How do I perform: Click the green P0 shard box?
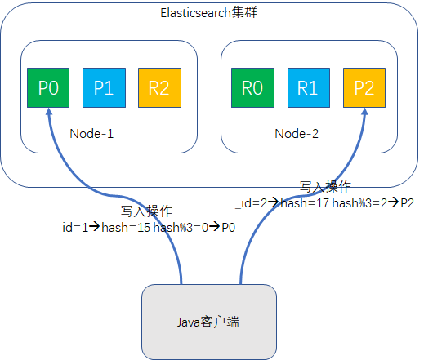pos(48,88)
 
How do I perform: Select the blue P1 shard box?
pos(103,88)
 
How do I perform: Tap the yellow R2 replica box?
pos(158,88)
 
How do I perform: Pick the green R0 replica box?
pos(252,88)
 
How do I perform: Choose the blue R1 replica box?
pos(307,88)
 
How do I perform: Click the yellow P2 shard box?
pos(363,88)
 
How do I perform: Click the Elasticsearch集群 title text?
pos(210,13)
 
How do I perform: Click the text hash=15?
pos(126,229)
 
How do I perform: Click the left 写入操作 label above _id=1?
pos(147,211)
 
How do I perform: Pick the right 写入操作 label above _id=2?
pos(326,186)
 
